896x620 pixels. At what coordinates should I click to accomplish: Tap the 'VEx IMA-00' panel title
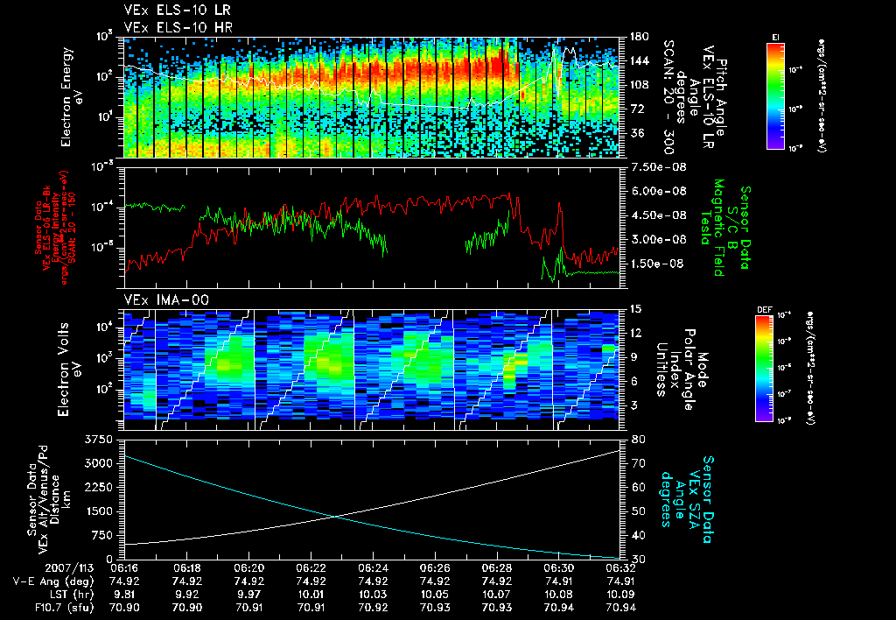tap(158, 299)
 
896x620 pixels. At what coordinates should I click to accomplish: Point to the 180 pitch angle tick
tap(636, 37)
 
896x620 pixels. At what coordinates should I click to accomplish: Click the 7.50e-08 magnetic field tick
tap(648, 166)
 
